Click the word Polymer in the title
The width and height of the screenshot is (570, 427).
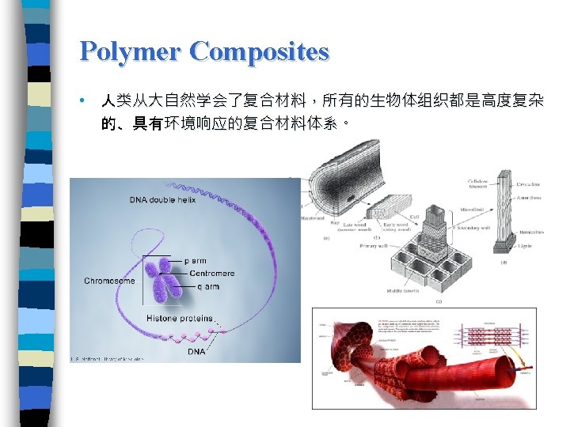131,51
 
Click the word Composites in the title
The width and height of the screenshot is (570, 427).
260,51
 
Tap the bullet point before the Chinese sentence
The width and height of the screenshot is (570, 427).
82,102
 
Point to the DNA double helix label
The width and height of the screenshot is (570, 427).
163,200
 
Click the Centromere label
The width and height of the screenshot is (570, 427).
211,274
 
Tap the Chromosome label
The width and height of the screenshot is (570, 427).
109,281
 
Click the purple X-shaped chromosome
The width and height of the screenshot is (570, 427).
166,283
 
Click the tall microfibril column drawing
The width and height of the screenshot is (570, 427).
505,213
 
